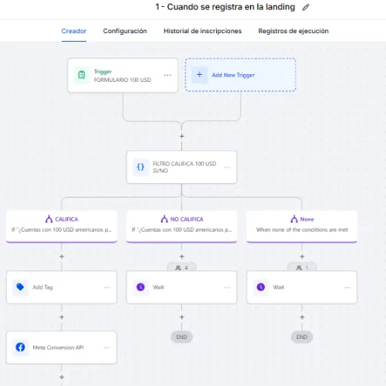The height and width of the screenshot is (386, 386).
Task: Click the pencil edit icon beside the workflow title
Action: click(x=306, y=7)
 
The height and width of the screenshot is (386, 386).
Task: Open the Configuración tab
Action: click(x=125, y=31)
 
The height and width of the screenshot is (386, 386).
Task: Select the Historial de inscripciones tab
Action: click(x=202, y=31)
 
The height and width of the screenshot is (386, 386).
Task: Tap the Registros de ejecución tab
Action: click(x=293, y=31)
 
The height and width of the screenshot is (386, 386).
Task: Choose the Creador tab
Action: click(x=74, y=31)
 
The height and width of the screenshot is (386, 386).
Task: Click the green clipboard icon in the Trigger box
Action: click(x=82, y=75)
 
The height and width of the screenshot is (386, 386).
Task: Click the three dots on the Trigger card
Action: click(x=168, y=75)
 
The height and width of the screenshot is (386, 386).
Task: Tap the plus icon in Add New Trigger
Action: click(x=199, y=75)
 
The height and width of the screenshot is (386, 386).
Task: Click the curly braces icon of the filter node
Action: click(x=141, y=167)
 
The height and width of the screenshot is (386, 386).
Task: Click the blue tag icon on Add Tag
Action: click(x=20, y=287)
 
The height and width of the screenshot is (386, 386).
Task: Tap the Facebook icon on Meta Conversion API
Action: click(x=20, y=347)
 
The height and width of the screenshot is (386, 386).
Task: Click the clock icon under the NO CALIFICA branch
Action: click(x=141, y=287)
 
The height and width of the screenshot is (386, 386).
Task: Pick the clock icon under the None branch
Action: click(x=261, y=287)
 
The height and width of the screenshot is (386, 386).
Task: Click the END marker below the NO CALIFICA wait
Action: click(x=181, y=337)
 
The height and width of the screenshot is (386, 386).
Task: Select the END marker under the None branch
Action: click(x=302, y=337)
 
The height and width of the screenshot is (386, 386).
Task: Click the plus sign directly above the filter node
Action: click(x=182, y=136)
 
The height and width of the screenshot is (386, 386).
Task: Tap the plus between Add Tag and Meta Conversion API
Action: click(x=62, y=317)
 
